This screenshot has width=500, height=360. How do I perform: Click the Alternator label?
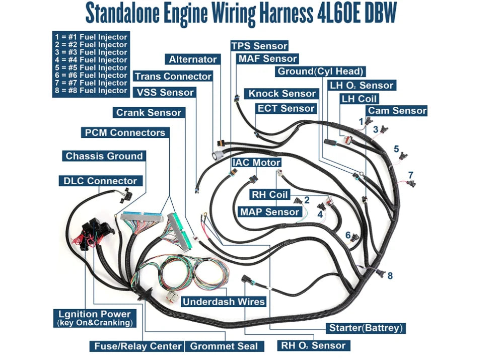[x=192, y=59]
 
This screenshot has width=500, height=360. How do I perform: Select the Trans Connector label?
[x=173, y=77]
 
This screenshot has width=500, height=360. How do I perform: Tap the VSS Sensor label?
[x=165, y=93]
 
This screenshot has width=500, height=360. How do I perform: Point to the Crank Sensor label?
[x=149, y=113]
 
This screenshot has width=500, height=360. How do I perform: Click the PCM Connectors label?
[x=125, y=133]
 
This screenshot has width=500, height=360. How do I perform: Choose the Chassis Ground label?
[x=104, y=156]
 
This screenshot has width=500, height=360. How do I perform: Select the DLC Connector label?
[x=100, y=181]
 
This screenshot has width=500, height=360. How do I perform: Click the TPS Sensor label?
[x=259, y=46]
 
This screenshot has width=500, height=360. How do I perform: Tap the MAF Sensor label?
[x=267, y=59]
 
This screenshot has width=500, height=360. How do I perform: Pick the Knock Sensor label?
[x=282, y=94]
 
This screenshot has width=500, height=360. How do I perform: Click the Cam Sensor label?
[x=397, y=111]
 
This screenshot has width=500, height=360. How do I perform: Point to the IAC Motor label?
[x=256, y=163]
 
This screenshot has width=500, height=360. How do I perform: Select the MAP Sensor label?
[x=269, y=212]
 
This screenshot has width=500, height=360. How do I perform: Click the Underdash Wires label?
[x=224, y=302]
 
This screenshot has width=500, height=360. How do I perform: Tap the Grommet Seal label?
[x=224, y=346]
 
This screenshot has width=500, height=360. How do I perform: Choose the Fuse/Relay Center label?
[x=137, y=346]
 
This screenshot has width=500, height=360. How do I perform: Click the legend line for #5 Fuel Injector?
[x=91, y=67]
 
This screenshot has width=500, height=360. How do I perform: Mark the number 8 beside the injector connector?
[x=390, y=275]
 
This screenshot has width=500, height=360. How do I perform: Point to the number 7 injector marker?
[x=410, y=175]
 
